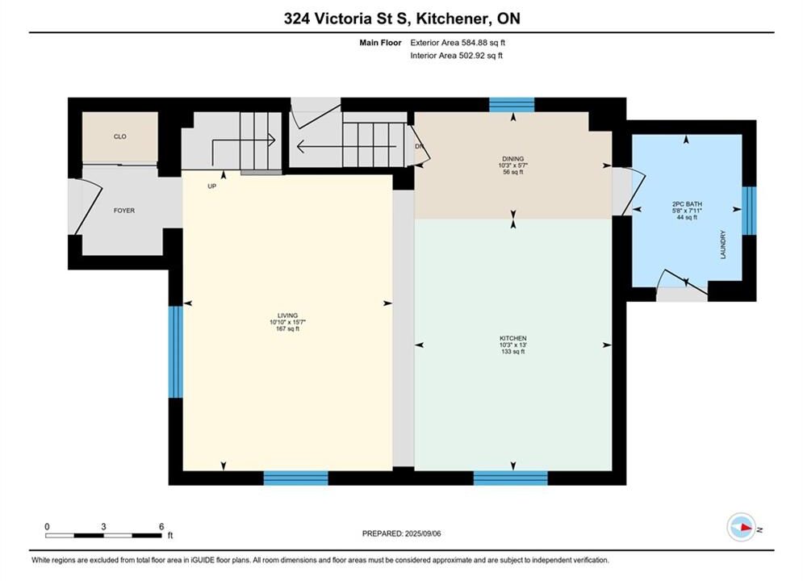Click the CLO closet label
(119, 136)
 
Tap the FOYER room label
(124, 211)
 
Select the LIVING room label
(288, 316)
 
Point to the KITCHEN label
(513, 338)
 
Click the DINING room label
(513, 159)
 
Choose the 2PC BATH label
(687, 203)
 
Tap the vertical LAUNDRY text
(724, 245)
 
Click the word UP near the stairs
(212, 186)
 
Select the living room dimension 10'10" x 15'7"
(288, 323)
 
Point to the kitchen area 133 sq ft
(513, 352)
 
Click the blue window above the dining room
(512, 104)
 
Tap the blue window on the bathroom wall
(749, 211)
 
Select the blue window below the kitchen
(511, 478)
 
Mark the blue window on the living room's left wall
(176, 352)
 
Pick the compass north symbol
(741, 527)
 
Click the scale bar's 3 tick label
(103, 527)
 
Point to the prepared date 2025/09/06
(423, 533)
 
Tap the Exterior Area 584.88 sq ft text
(458, 43)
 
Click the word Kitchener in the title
(450, 19)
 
